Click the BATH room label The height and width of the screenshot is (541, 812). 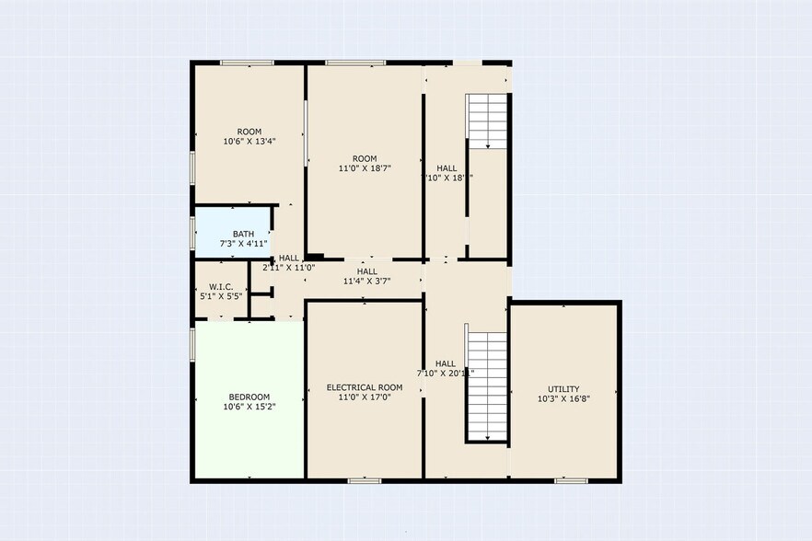coord(243,234)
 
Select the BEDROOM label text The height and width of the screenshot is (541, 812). coord(249,397)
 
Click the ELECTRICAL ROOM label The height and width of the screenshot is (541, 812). coord(365,387)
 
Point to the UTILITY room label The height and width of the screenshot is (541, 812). coord(563,389)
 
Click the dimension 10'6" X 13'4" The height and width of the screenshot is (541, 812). coord(249,142)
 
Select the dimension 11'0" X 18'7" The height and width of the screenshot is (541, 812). coord(365,168)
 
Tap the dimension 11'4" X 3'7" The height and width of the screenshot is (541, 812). coord(366,282)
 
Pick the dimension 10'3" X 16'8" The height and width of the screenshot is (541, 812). coord(563,400)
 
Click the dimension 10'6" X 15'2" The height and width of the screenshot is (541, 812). coord(249,407)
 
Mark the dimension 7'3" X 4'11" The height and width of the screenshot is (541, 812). coord(243,244)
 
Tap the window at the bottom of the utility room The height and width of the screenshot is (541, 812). coord(572,479)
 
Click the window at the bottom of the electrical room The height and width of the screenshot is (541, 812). coord(365,479)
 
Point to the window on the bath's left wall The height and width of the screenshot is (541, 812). coord(192,233)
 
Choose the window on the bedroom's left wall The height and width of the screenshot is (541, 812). coord(192,344)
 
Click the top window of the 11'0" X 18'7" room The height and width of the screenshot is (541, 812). coord(355,63)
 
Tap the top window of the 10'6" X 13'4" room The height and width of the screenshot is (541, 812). coord(247,63)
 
